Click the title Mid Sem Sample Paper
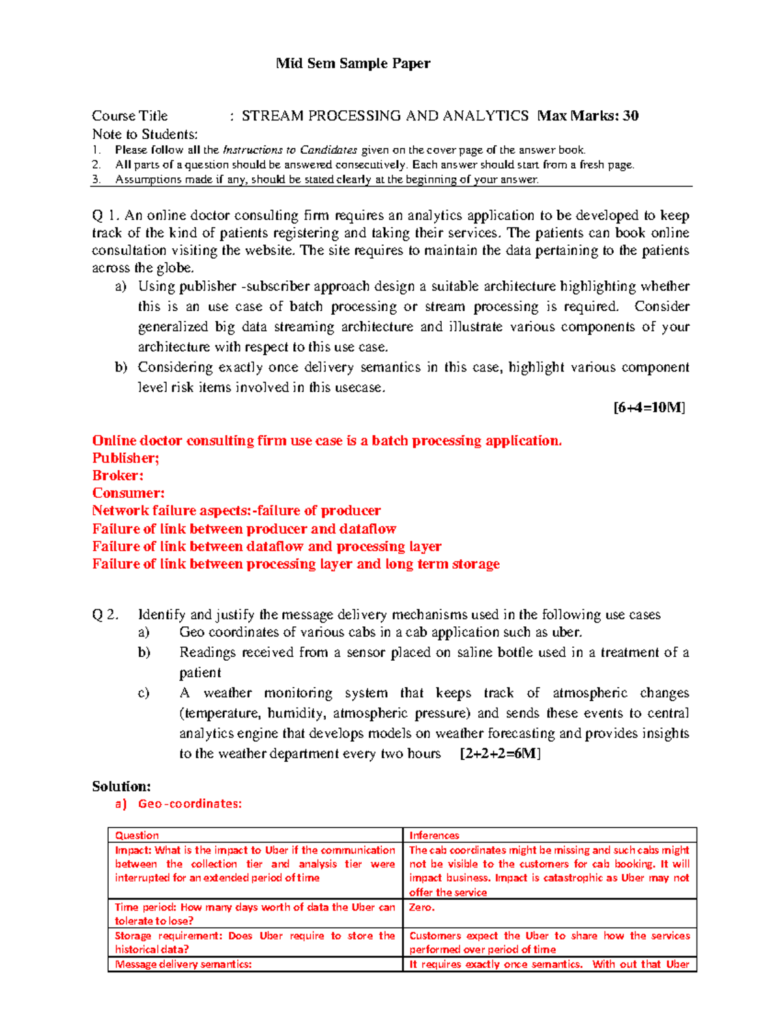(353, 63)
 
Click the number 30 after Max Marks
(630, 116)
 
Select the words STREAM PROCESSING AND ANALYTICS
(384, 116)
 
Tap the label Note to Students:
(144, 134)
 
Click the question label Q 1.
(106, 216)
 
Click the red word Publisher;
(125, 458)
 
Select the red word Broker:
(117, 476)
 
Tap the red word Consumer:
(128, 493)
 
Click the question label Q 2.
(105, 614)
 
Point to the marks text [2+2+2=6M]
(500, 754)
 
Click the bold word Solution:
(121, 787)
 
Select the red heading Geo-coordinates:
(189, 804)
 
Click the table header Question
(137, 835)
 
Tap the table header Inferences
(434, 835)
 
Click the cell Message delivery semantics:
(183, 964)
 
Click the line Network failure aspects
(236, 511)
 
